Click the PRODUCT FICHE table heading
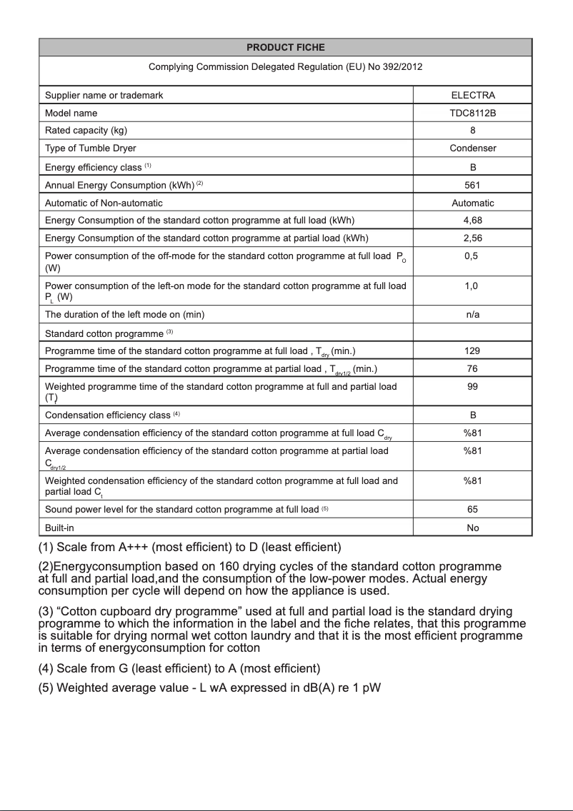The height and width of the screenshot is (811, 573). pos(285,47)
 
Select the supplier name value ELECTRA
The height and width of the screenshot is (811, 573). pos(472,95)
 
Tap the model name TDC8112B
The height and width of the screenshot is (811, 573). pos(472,113)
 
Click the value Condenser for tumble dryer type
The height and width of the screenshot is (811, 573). pos(472,148)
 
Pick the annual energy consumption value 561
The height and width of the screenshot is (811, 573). pos(472,184)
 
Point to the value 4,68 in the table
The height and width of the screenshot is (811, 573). pos(472,220)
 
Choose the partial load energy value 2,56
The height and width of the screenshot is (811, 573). pos(472,238)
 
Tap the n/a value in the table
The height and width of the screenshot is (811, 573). pos(472,314)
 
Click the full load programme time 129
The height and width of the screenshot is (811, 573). pos(472,351)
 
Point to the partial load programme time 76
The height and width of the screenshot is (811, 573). pos(472,368)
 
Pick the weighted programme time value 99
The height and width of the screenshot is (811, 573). pos(472,386)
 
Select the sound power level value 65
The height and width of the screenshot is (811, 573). pos(472,510)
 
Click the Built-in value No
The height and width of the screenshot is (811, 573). pos(472,528)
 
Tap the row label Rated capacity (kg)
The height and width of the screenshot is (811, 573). pos(86,131)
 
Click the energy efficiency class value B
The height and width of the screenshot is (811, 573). pos(472,167)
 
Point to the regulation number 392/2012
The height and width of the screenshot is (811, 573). pos(396,67)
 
